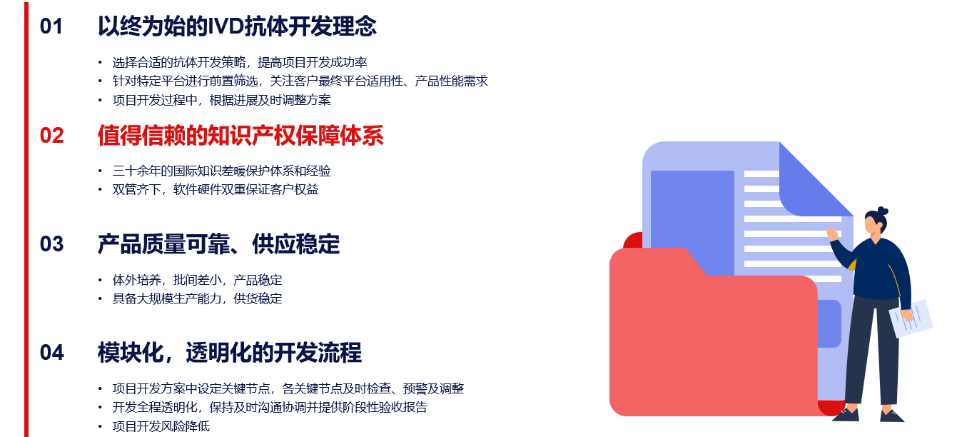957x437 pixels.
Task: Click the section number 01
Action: pos(51,26)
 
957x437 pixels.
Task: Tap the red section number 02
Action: pos(51,136)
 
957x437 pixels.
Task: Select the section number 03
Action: pos(51,244)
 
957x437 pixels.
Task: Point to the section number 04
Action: pos(51,353)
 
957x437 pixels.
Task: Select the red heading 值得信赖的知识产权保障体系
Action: pos(240,136)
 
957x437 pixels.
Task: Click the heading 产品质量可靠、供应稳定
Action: pos(219,244)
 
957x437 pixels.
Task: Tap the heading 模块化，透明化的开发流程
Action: pos(230,353)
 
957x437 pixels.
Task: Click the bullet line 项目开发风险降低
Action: pos(161,426)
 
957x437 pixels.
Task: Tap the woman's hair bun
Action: pos(883,211)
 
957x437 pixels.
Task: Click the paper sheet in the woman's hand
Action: pos(911,319)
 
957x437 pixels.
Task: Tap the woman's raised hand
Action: pos(832,234)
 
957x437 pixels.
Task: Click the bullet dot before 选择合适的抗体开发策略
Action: pos(100,63)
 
